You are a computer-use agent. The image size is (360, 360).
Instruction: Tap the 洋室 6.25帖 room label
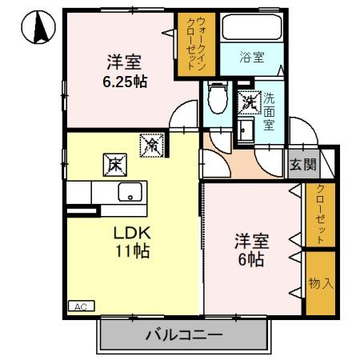[x=124, y=70]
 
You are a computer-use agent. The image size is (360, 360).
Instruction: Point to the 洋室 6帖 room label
[x=249, y=249]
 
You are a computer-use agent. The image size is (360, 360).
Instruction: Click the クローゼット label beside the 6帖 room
[x=320, y=214]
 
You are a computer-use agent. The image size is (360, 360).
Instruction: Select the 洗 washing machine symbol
[x=247, y=102]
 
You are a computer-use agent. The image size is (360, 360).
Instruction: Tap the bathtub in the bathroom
[x=252, y=29]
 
